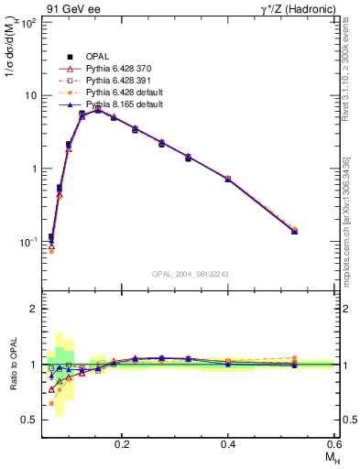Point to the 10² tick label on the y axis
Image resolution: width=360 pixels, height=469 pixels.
click(x=28, y=22)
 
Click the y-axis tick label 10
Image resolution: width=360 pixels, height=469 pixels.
click(x=30, y=95)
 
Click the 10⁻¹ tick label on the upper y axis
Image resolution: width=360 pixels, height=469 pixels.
click(x=28, y=243)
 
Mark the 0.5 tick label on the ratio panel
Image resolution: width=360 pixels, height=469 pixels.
click(x=29, y=420)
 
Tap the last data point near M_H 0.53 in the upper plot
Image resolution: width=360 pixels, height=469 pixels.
click(x=294, y=231)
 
